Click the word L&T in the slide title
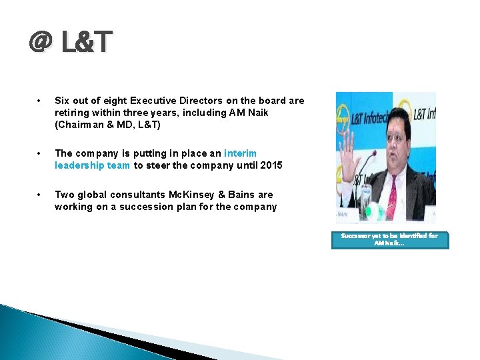pos(87,43)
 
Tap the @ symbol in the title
pos(41,43)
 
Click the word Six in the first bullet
pos(62,101)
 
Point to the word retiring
pos(72,113)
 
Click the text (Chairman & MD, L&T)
pos(107,125)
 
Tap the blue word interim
pos(240,153)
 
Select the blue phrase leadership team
pos(92,165)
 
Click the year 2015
pos(271,165)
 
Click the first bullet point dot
pos(41,101)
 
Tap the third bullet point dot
pos(41,195)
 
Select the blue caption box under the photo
pos(390,240)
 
